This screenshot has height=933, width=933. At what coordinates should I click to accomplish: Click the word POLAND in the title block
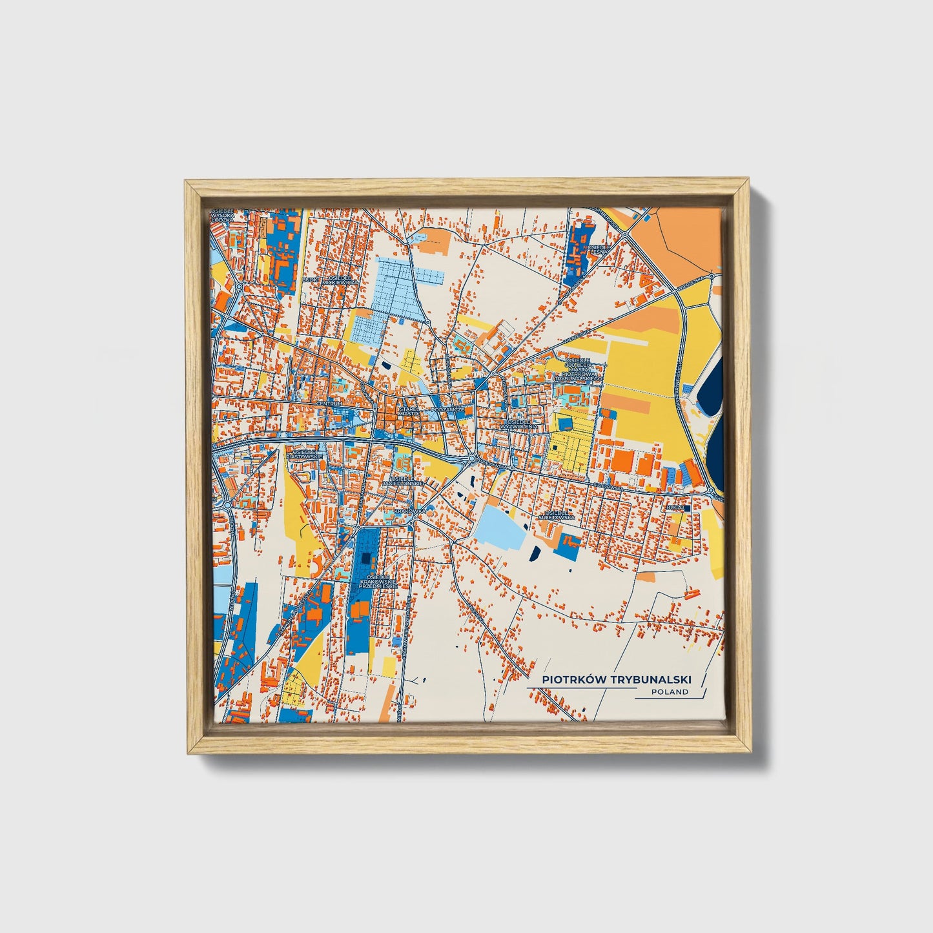[670, 692]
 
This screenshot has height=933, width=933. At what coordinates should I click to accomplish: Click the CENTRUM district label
[329, 404]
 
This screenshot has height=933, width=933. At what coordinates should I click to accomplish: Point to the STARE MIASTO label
[409, 411]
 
